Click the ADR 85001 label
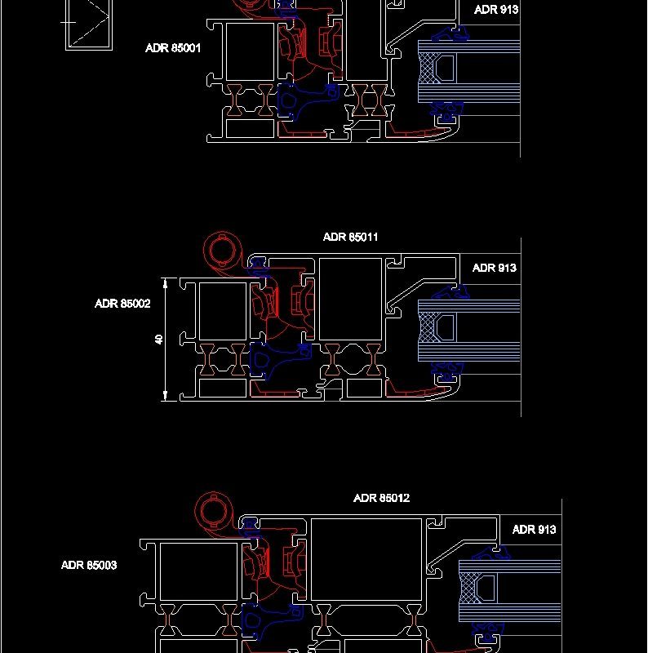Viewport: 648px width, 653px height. (x=173, y=48)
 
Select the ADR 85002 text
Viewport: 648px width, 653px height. (x=122, y=304)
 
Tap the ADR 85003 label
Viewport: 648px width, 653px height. (x=89, y=565)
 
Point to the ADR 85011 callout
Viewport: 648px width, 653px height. (x=350, y=238)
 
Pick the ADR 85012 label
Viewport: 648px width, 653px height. (x=381, y=498)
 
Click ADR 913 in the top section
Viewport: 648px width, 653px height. (x=496, y=10)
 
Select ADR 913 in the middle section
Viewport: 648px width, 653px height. (x=495, y=268)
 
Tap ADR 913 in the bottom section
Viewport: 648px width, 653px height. (x=535, y=530)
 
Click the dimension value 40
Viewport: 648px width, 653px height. (x=160, y=339)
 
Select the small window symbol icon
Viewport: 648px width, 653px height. (x=87, y=24)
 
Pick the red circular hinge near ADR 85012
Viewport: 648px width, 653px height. (x=212, y=512)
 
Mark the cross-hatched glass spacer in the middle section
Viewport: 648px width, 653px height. (x=425, y=328)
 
